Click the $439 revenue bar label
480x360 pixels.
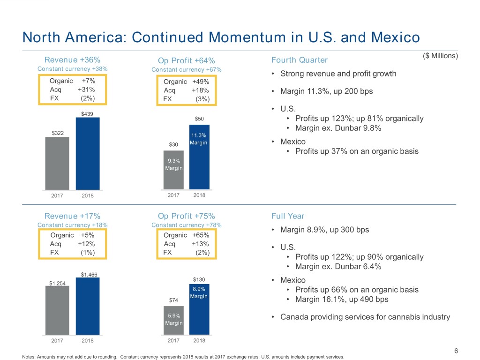tap(87, 114)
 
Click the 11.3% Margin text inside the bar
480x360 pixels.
tap(199, 139)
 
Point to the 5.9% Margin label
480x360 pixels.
tap(173, 319)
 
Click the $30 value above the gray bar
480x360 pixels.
tap(173, 144)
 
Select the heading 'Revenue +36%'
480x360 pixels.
tap(72, 60)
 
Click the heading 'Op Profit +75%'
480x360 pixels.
tap(187, 216)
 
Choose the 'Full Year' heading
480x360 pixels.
tap(287, 216)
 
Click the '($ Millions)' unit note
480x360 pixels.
tap(440, 56)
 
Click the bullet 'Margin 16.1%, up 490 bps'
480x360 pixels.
tap(341, 300)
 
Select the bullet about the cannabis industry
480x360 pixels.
tap(365, 317)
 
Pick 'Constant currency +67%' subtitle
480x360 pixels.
tap(187, 70)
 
